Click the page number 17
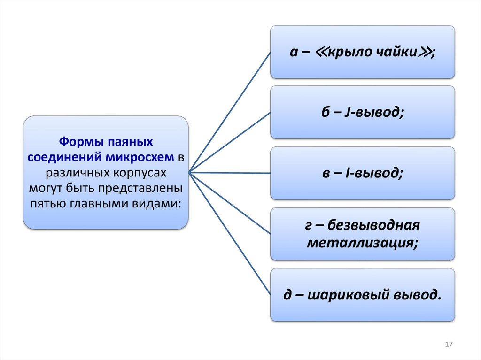(448, 345)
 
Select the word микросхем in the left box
(144, 157)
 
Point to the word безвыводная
(372, 226)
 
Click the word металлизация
(362, 243)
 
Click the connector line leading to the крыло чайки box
(230, 112)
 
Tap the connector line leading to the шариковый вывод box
(230, 234)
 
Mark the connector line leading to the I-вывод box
(230, 173)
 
